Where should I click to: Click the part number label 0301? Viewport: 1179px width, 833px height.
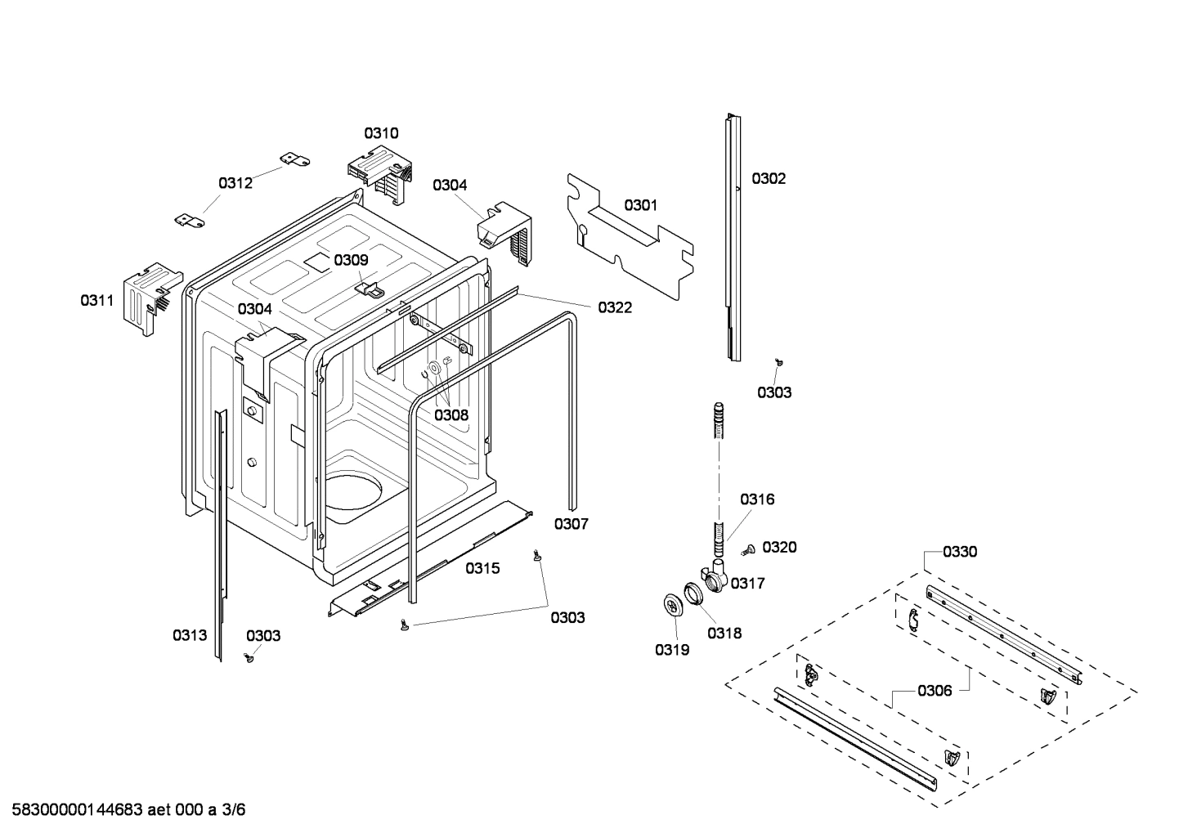click(x=640, y=205)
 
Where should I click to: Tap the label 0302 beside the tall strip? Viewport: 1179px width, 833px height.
click(x=769, y=178)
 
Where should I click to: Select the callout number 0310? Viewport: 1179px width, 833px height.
click(x=381, y=133)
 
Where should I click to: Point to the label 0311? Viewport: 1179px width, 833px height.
click(x=96, y=301)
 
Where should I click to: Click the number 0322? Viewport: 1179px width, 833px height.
click(x=614, y=307)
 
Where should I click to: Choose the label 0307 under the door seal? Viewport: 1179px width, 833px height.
click(x=571, y=524)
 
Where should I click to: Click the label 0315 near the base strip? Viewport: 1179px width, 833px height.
click(x=482, y=568)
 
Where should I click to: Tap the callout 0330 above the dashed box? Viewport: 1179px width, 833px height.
click(x=959, y=552)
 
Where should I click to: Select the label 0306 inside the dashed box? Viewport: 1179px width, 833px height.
click(x=934, y=691)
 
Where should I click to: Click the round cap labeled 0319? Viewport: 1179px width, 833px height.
click(x=673, y=607)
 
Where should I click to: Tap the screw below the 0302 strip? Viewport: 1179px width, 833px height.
click(x=780, y=361)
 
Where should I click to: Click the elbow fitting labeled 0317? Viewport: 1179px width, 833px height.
click(x=714, y=577)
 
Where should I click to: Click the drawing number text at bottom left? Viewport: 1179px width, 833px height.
click(x=128, y=810)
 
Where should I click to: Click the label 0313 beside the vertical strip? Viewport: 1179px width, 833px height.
click(x=190, y=634)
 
